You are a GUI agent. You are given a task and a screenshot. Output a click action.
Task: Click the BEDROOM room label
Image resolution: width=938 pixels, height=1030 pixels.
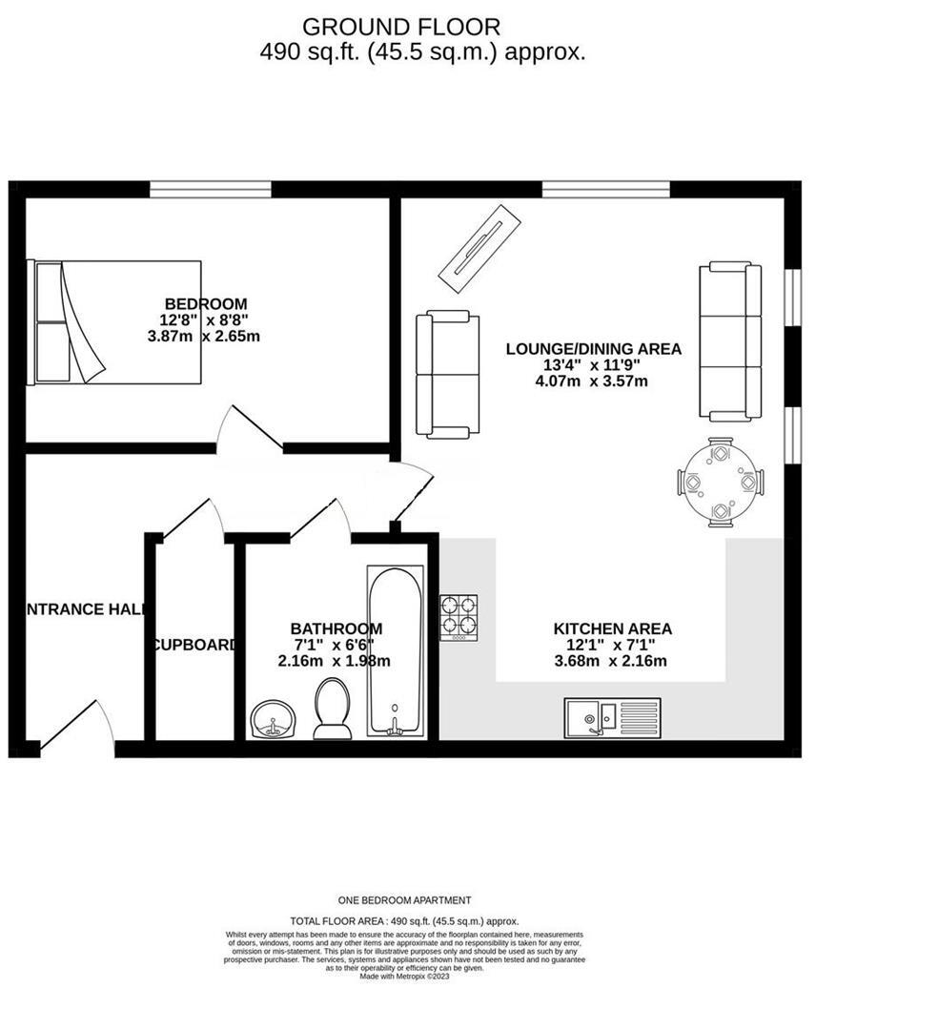(204, 304)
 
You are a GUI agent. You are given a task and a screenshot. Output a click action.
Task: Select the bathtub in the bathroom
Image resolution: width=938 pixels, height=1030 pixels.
(396, 650)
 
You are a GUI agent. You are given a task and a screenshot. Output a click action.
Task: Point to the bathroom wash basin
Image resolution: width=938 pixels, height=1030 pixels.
(274, 720)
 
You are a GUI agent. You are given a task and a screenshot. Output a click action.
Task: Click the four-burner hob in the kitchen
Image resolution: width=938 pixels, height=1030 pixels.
(459, 617)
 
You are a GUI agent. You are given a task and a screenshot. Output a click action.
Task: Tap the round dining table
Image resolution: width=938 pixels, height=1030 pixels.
(720, 483)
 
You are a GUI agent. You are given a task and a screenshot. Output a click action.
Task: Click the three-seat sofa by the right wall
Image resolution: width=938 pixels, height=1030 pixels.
(730, 340)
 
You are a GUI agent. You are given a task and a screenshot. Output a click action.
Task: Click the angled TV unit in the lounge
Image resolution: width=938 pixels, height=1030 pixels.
(479, 245)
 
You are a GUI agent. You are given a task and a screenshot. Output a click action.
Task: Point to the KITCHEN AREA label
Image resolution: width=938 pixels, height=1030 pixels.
(612, 629)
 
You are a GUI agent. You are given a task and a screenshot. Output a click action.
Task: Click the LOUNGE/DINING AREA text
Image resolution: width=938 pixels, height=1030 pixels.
(593, 349)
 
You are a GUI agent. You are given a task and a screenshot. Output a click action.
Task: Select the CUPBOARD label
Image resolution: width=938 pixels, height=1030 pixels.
(194, 645)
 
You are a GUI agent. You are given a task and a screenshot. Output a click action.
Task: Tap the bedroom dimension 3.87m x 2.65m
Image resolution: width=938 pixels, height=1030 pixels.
(204, 337)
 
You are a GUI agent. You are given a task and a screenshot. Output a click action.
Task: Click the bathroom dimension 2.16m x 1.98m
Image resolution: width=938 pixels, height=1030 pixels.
(334, 661)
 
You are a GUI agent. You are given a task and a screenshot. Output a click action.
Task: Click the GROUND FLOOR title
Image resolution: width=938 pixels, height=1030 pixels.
(400, 27)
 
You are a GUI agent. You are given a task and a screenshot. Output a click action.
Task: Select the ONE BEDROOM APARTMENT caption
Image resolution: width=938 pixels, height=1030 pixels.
(404, 900)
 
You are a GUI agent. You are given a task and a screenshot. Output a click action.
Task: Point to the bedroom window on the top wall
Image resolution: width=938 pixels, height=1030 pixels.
(210, 189)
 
